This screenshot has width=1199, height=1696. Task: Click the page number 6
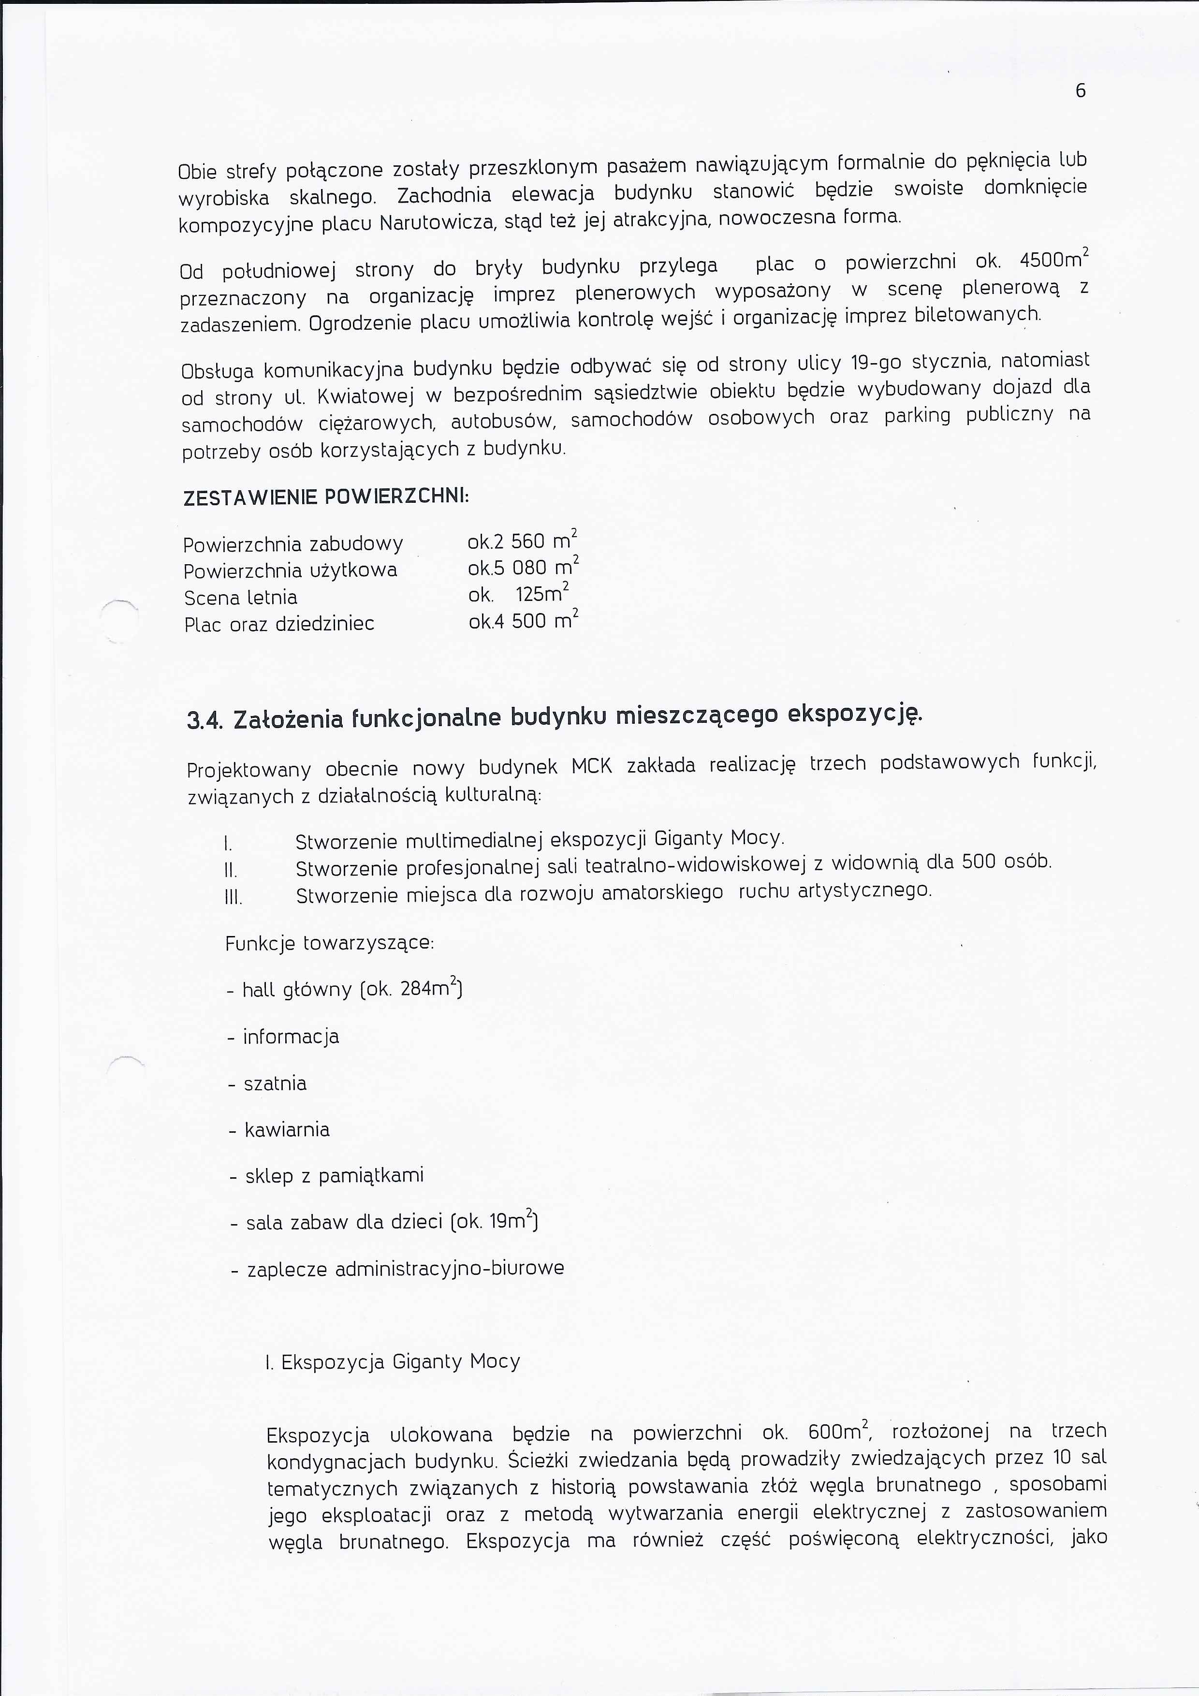(x=1080, y=91)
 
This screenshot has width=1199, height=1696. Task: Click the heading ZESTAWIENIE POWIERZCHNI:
(x=326, y=497)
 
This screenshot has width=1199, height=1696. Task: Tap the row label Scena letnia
(x=240, y=598)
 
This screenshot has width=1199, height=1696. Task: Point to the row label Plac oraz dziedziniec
(x=279, y=624)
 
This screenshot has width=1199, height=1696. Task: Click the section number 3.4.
(x=205, y=720)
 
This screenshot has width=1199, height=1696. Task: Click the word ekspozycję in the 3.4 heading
(x=855, y=714)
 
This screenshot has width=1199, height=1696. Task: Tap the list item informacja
(x=291, y=1037)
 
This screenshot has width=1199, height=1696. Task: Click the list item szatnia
(x=275, y=1083)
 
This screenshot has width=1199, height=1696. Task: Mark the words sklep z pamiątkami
(x=335, y=1176)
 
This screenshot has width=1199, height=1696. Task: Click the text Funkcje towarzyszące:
(x=330, y=943)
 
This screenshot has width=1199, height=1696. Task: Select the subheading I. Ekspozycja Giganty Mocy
(x=392, y=1361)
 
